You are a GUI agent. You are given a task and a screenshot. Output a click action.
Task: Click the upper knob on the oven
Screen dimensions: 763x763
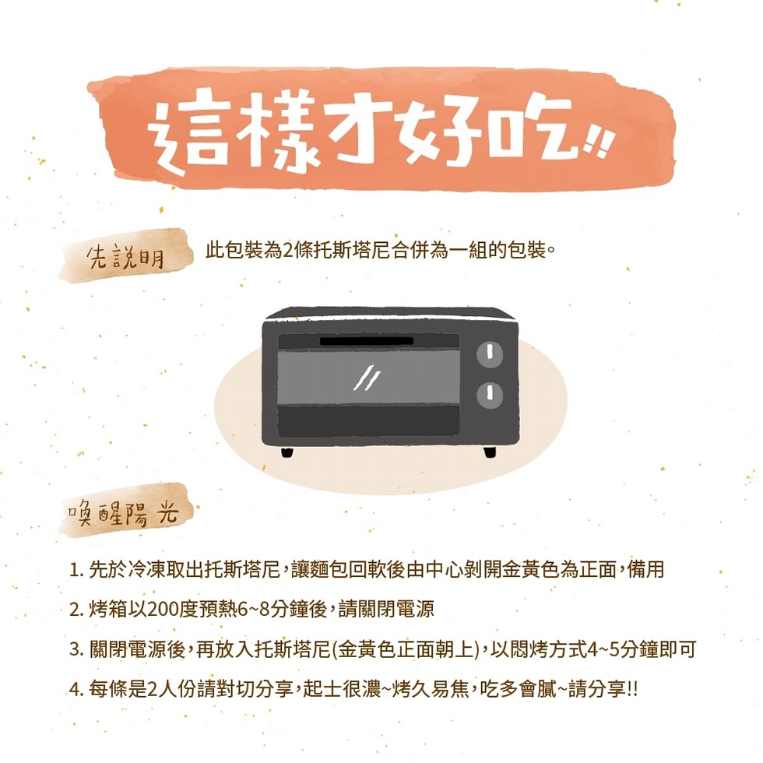pyautogui.click(x=490, y=353)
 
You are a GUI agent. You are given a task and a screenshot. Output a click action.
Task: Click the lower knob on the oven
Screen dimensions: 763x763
pyautogui.click(x=490, y=395)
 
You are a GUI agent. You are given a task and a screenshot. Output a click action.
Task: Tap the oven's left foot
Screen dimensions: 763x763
pyautogui.click(x=287, y=452)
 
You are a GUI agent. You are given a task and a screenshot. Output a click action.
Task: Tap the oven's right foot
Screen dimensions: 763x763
pyautogui.click(x=490, y=452)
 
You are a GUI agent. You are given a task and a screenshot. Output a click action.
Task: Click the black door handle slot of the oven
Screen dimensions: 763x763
pyautogui.click(x=367, y=341)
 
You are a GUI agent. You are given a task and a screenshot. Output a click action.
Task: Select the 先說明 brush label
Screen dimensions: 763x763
pyautogui.click(x=125, y=256)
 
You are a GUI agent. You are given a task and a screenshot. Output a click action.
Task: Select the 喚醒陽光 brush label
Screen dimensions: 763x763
pyautogui.click(x=125, y=511)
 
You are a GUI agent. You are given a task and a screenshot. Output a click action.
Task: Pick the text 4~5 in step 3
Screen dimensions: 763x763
pyautogui.click(x=604, y=649)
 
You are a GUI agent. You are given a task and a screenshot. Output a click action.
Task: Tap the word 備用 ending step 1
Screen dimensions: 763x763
pyautogui.click(x=645, y=569)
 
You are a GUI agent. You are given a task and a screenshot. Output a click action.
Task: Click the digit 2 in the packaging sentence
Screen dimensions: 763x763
pyautogui.click(x=287, y=251)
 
